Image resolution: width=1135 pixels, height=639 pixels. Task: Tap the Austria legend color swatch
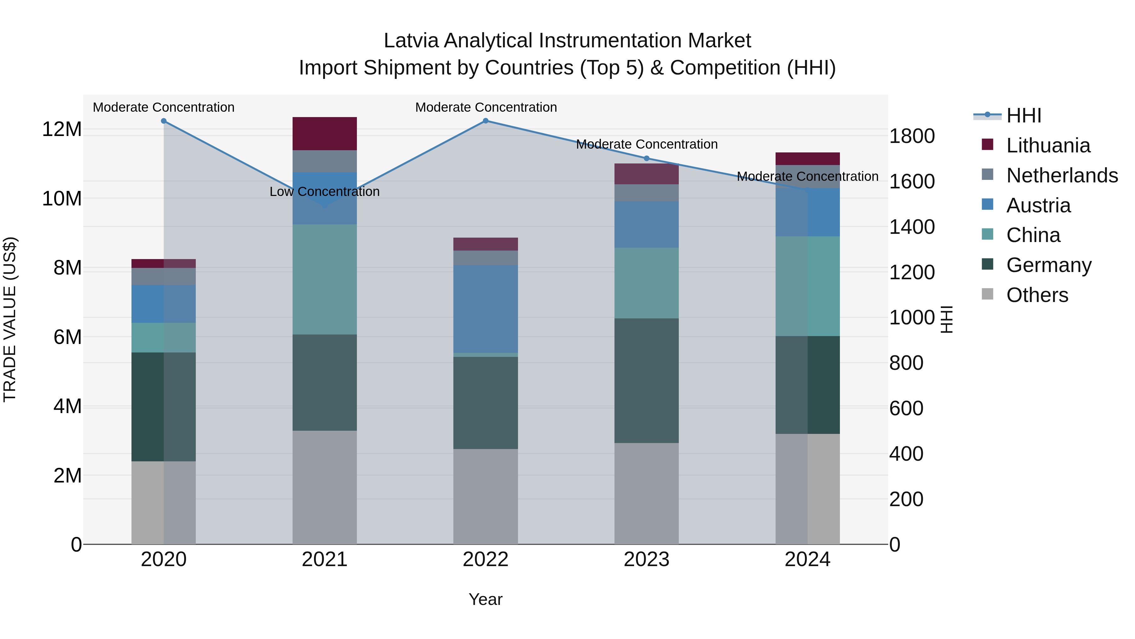click(987, 204)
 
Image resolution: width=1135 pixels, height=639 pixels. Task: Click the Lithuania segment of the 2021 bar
click(324, 133)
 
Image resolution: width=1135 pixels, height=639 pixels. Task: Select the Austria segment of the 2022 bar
click(485, 309)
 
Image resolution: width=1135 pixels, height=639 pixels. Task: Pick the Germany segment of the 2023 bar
click(646, 380)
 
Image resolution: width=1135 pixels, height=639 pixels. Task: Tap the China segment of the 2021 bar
click(324, 279)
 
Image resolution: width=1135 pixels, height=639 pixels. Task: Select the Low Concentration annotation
click(324, 192)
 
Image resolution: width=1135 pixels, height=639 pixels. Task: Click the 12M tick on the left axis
click(62, 129)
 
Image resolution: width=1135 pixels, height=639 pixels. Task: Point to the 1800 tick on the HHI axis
click(911, 136)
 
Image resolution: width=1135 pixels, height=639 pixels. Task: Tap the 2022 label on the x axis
click(485, 559)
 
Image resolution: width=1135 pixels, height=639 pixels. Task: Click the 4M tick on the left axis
click(67, 406)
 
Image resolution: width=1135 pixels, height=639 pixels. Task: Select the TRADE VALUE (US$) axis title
click(10, 319)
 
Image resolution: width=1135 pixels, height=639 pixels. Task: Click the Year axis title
click(485, 599)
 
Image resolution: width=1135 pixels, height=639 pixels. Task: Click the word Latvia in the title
click(411, 41)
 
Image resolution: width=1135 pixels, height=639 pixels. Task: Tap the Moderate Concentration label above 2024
click(807, 176)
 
